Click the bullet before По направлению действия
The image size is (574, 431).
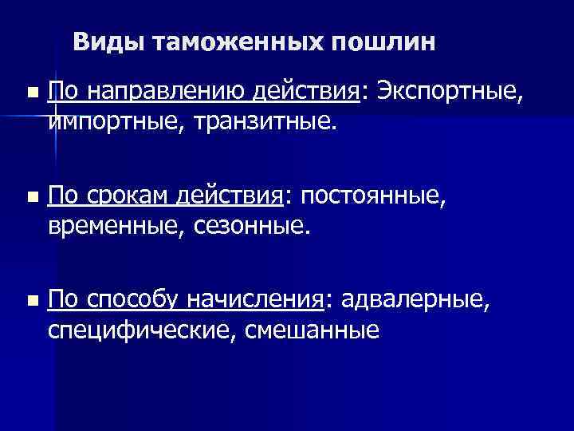(x=31, y=93)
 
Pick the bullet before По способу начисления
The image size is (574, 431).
(x=31, y=300)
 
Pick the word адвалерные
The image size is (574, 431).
(x=411, y=299)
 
